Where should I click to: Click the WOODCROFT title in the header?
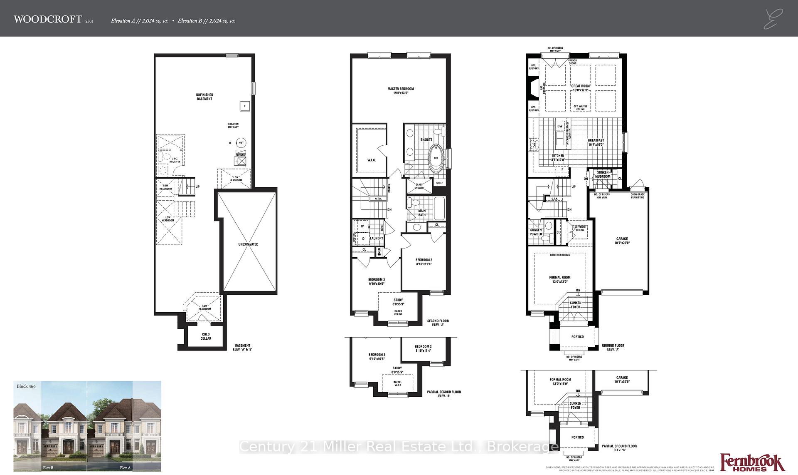tap(47, 19)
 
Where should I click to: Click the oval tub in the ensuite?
tap(436, 158)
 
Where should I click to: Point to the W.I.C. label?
tap(371, 160)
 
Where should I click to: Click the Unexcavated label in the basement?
tap(248, 244)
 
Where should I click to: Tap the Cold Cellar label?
tap(206, 336)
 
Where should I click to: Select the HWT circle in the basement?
tap(241, 143)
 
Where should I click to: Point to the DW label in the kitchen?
tap(560, 126)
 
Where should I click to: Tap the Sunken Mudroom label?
tap(602, 174)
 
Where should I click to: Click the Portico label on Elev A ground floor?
tap(577, 337)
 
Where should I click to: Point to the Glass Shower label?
tap(419, 186)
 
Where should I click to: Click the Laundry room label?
tap(377, 239)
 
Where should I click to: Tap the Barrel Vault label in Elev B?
tap(397, 384)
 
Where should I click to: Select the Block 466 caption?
tap(26, 386)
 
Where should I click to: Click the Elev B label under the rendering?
tap(48, 468)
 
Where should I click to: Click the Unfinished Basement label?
tap(204, 97)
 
